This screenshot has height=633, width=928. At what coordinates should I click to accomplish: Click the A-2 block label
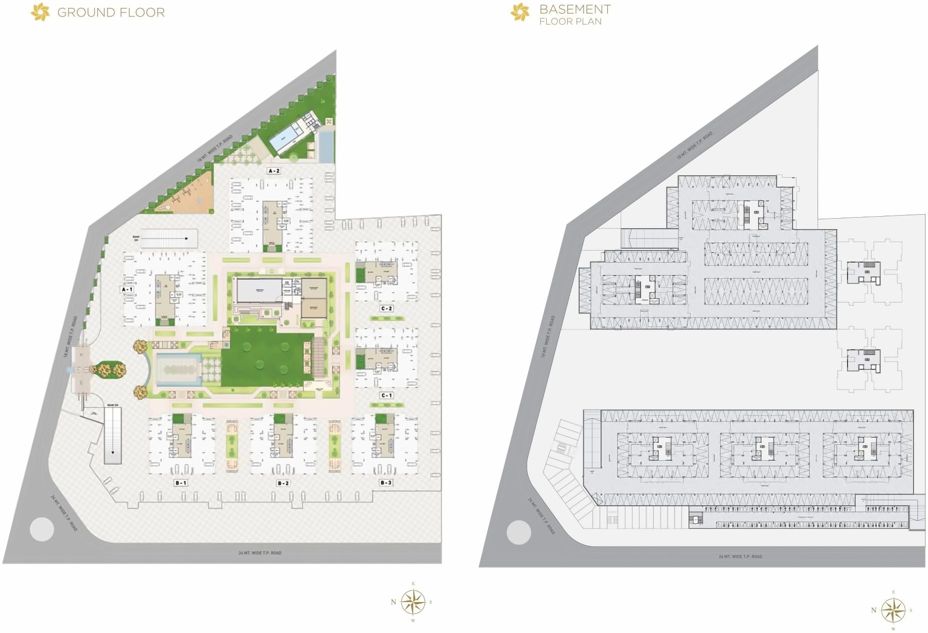point(274,171)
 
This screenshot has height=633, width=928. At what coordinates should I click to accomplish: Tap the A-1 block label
point(127,289)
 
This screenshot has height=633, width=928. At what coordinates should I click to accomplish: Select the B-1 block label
point(181,483)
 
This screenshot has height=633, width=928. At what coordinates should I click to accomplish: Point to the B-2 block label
point(283,483)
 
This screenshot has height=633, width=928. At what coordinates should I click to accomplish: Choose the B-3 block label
point(386,482)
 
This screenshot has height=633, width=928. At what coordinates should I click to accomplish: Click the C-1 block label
point(386,395)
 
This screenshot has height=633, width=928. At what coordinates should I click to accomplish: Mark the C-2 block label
point(386,309)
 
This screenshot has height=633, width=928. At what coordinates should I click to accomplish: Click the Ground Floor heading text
point(111,12)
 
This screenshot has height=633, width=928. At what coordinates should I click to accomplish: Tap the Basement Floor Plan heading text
point(575,14)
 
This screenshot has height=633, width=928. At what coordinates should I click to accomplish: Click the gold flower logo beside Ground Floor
point(40,12)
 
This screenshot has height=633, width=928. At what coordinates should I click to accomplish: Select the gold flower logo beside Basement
point(520,12)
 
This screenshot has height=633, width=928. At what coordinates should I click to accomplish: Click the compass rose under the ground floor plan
point(413,602)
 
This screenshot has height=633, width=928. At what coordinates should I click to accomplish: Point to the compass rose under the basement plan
point(893,610)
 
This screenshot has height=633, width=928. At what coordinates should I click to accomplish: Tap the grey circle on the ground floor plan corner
point(42,529)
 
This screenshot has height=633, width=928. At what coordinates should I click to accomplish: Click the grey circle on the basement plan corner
point(519,532)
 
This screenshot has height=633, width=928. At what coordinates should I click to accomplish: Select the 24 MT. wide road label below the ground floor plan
point(260,553)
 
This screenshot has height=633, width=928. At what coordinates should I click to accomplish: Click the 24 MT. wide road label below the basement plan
point(740,556)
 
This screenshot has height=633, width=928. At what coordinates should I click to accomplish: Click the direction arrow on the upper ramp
point(186,239)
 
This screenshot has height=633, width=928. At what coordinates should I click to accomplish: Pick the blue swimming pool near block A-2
point(283,134)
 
